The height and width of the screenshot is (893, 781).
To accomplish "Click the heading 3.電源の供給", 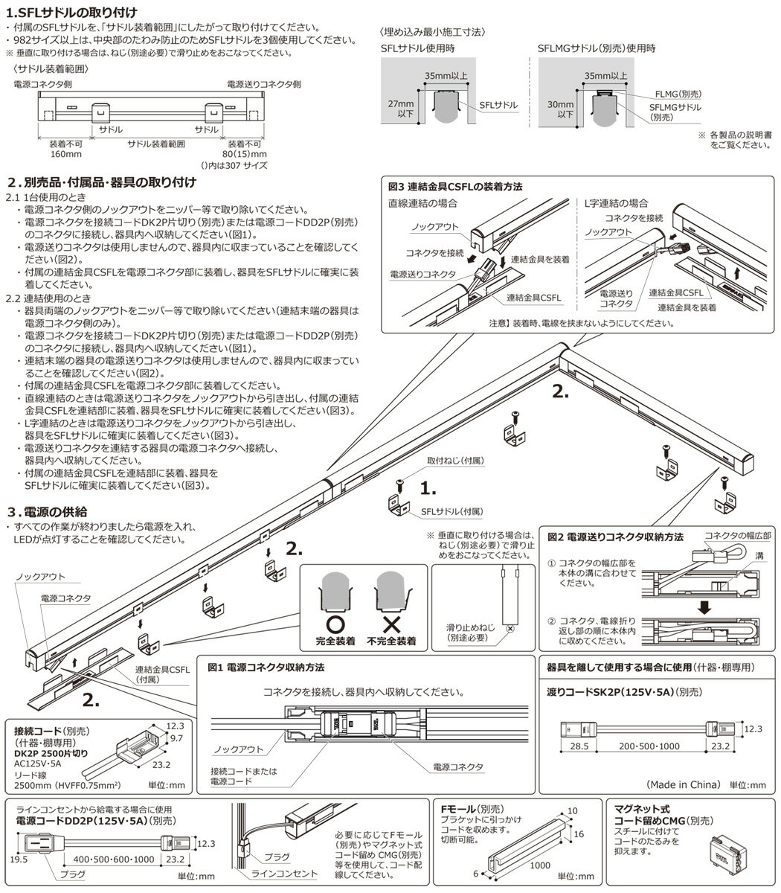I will point(48,512).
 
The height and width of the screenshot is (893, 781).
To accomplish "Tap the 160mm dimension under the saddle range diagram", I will point(65,154).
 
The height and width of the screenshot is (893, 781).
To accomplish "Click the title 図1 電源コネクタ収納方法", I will point(266,668).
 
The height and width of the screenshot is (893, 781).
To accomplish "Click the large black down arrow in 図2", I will point(704,608).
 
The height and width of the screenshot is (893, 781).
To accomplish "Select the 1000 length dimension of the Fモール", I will point(540,865).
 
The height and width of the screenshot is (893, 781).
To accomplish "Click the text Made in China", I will point(683,784).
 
